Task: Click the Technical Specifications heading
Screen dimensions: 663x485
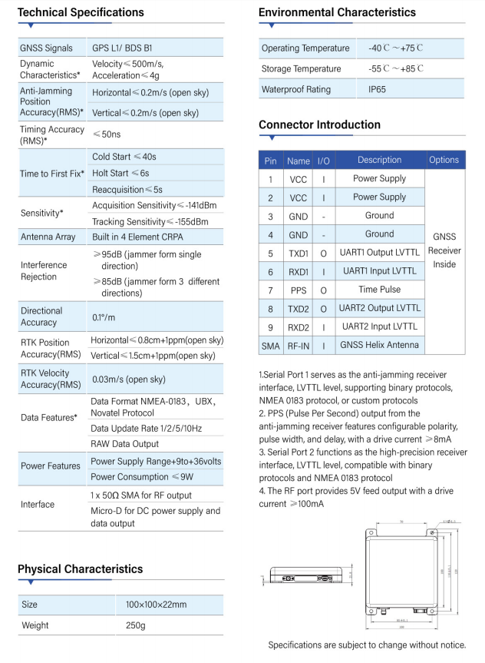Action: tap(81, 12)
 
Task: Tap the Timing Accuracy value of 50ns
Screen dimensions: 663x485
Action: tap(107, 134)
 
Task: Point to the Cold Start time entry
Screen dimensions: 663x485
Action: tap(124, 157)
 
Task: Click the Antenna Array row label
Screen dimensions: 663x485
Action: tap(48, 237)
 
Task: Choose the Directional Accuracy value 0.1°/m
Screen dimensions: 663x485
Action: tap(105, 317)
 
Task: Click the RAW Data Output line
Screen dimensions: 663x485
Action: tap(124, 444)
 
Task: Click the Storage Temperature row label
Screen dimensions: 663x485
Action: tap(302, 68)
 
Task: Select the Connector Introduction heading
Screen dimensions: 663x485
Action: tap(319, 124)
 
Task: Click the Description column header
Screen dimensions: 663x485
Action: tap(379, 160)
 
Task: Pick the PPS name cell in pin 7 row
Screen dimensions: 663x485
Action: tap(298, 290)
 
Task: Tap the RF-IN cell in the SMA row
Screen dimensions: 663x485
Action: tap(298, 345)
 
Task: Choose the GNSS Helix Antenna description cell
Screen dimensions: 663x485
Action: tap(380, 345)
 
